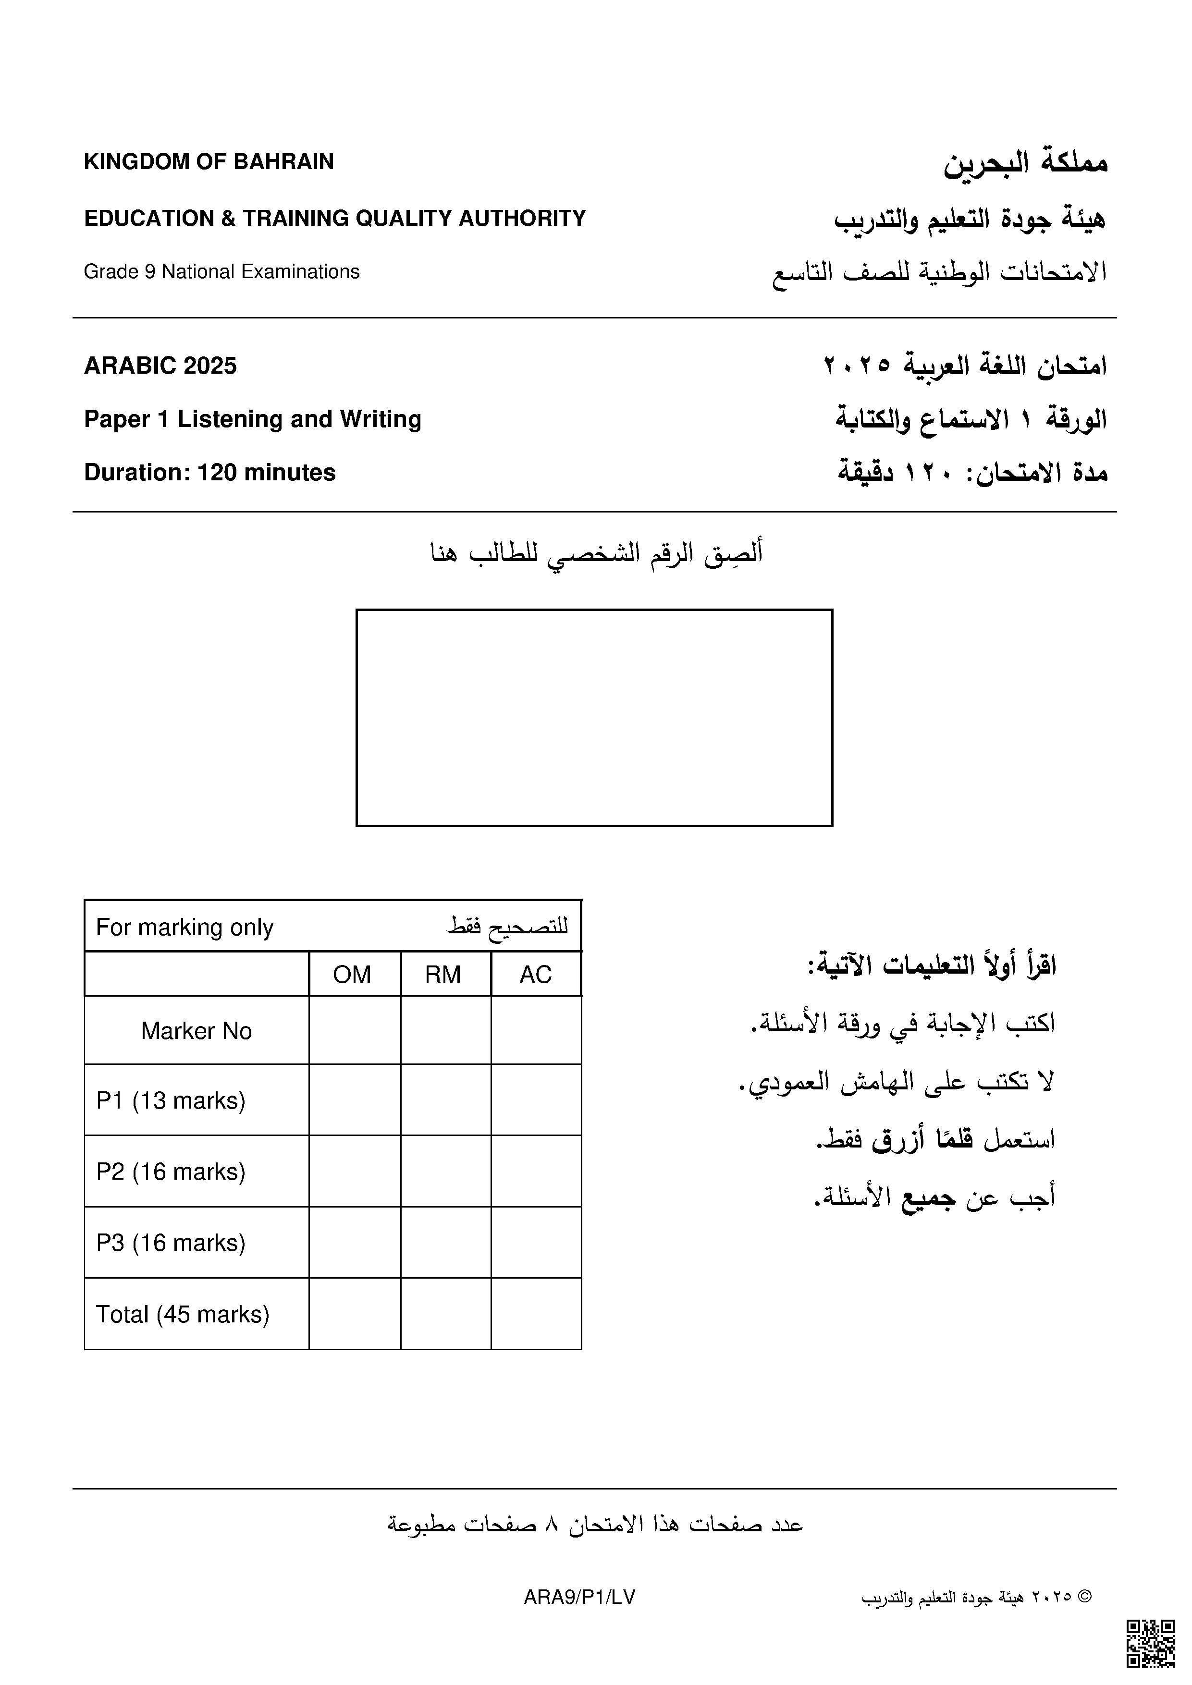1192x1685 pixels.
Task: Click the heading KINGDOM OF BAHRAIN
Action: [209, 161]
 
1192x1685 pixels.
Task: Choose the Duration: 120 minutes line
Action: [210, 473]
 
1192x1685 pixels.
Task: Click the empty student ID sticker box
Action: [594, 717]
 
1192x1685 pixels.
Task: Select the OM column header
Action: [352, 975]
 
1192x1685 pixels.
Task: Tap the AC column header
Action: [535, 975]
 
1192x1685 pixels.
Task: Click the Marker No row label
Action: [196, 1031]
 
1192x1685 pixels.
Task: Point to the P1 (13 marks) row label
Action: [171, 1101]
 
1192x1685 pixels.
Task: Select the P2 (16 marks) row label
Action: [171, 1172]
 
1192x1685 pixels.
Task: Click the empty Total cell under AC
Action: [536, 1314]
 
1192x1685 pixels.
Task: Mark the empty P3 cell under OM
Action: [355, 1243]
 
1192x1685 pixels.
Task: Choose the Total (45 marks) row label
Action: [183, 1314]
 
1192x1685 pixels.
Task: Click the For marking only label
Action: [185, 928]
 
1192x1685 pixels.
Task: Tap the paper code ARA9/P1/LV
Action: [579, 1598]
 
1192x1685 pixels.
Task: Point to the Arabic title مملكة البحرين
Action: [1025, 163]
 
